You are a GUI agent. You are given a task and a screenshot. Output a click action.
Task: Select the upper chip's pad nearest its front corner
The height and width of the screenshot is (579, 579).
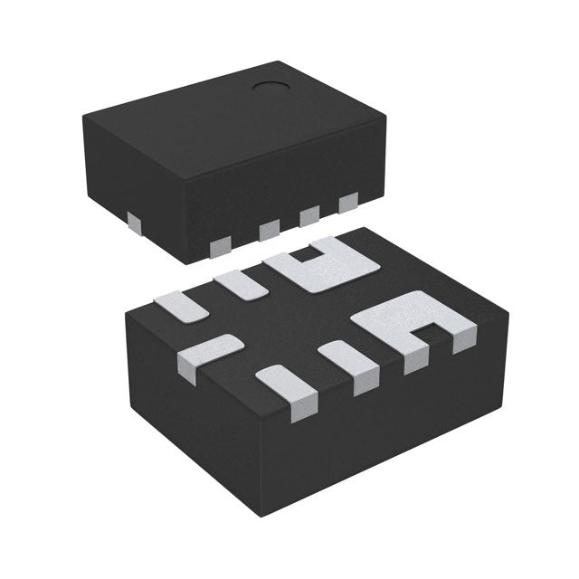[219, 245]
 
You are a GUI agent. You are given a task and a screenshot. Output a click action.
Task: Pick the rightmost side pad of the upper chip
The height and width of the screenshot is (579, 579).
[347, 204]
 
